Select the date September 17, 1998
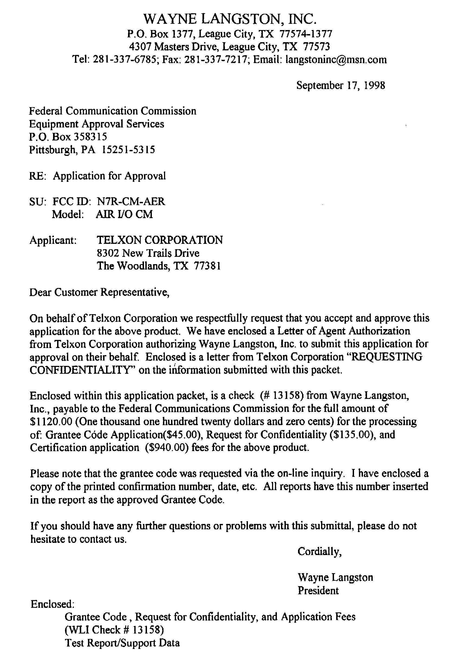[x=341, y=85]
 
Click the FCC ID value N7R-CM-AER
[x=131, y=201]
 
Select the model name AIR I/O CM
[x=125, y=214]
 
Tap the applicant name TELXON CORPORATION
[x=160, y=240]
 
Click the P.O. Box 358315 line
[x=68, y=137]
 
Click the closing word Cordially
[x=319, y=552]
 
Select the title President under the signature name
[x=318, y=590]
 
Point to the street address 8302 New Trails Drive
[x=148, y=253]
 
